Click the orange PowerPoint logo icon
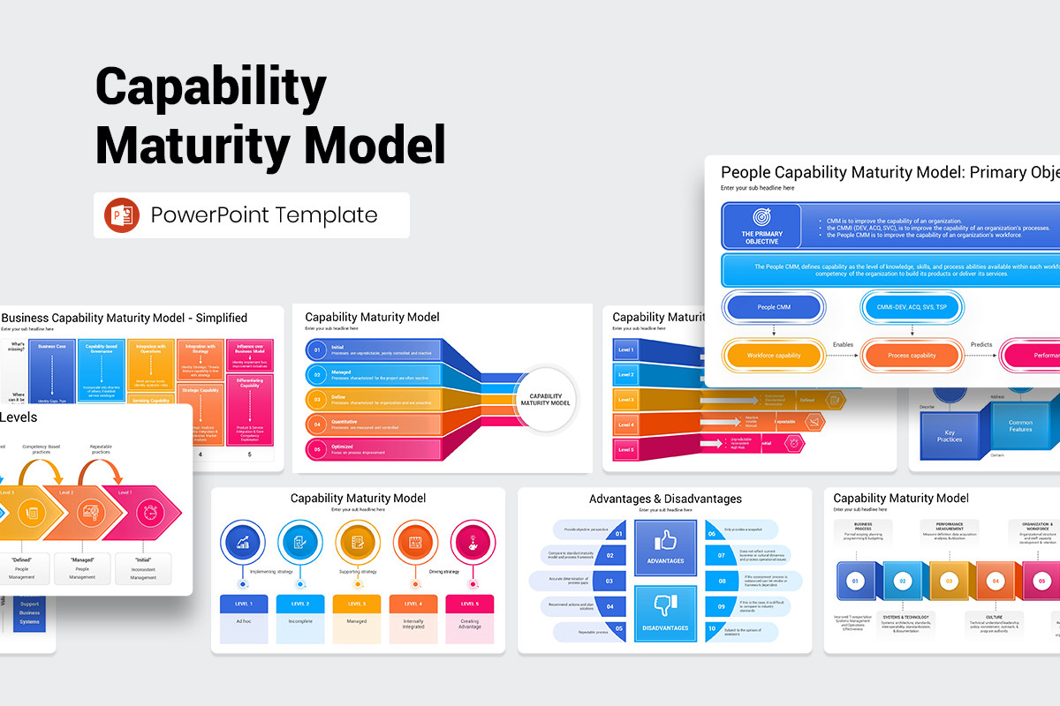click(x=122, y=215)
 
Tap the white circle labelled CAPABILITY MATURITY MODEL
click(x=545, y=399)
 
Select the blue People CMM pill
click(x=774, y=308)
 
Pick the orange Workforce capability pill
click(x=774, y=356)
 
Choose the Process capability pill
click(x=912, y=356)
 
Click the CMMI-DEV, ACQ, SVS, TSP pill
click(x=912, y=308)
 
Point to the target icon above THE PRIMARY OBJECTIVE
click(x=761, y=217)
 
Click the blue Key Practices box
click(x=950, y=436)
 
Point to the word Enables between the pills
click(x=843, y=345)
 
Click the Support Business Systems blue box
click(x=29, y=612)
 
